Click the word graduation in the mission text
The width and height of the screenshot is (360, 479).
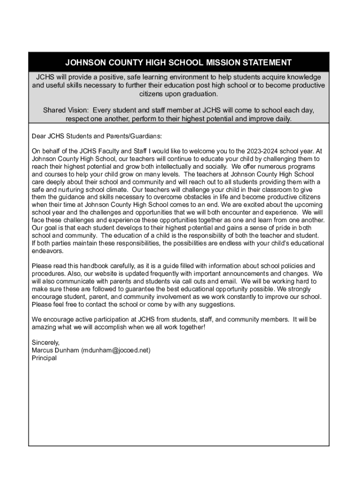point(193,94)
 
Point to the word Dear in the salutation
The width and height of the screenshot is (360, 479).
point(39,136)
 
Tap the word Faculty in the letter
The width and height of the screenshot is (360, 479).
point(106,151)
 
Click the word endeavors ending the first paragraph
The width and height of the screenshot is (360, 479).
point(47,251)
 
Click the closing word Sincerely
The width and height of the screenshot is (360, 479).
point(45,342)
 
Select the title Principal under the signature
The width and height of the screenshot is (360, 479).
point(44,358)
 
